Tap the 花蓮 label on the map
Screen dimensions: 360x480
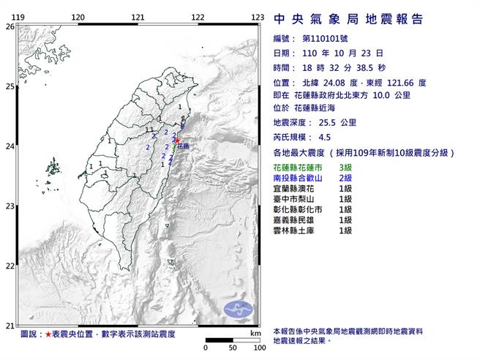click(x=183, y=147)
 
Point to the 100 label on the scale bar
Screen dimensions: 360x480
click(x=258, y=348)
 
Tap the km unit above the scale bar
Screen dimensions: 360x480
click(x=255, y=333)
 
